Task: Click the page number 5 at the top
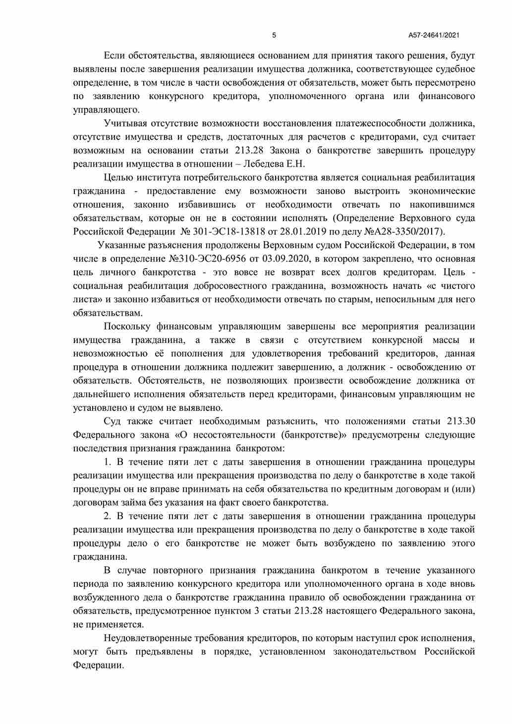click(274, 35)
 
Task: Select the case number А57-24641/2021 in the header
click(434, 35)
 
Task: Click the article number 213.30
click(460, 421)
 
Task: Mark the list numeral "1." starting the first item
click(108, 462)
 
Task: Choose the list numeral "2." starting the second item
click(108, 516)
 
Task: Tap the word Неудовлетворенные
click(149, 638)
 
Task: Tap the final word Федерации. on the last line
click(98, 665)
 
